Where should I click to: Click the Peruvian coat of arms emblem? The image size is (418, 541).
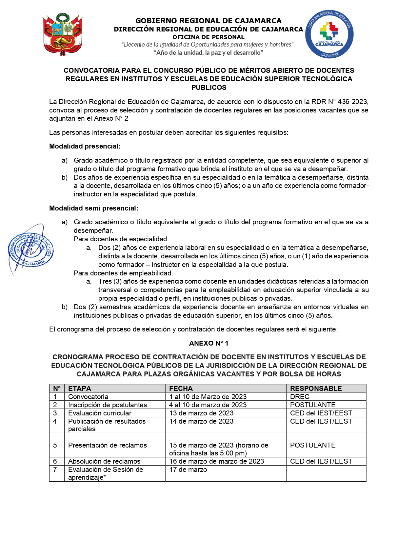[x=62, y=34]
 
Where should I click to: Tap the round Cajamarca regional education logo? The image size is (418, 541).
[x=329, y=34]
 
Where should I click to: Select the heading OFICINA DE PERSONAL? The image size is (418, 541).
[x=209, y=37]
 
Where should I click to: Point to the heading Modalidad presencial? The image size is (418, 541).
[x=85, y=146]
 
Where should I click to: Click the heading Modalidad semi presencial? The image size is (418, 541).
[x=94, y=208]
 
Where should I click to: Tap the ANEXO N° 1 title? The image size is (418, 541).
[x=209, y=343]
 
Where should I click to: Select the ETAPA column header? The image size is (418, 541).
[x=80, y=389]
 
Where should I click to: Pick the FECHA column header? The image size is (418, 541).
[x=181, y=389]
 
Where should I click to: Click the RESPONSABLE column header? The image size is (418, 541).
[x=316, y=389]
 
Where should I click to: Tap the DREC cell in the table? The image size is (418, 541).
[x=300, y=397]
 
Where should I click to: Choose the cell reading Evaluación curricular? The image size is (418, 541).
[x=100, y=413]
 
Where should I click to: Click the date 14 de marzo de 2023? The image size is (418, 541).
[x=201, y=421]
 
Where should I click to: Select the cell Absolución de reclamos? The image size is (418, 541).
[x=104, y=461]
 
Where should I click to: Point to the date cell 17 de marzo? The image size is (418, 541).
[x=188, y=470]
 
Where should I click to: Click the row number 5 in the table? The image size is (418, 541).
[x=55, y=445]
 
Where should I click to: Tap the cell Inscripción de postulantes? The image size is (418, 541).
[x=108, y=405]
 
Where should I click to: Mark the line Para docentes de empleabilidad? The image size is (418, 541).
[x=123, y=273]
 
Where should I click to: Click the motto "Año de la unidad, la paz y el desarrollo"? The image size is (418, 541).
[x=209, y=53]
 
